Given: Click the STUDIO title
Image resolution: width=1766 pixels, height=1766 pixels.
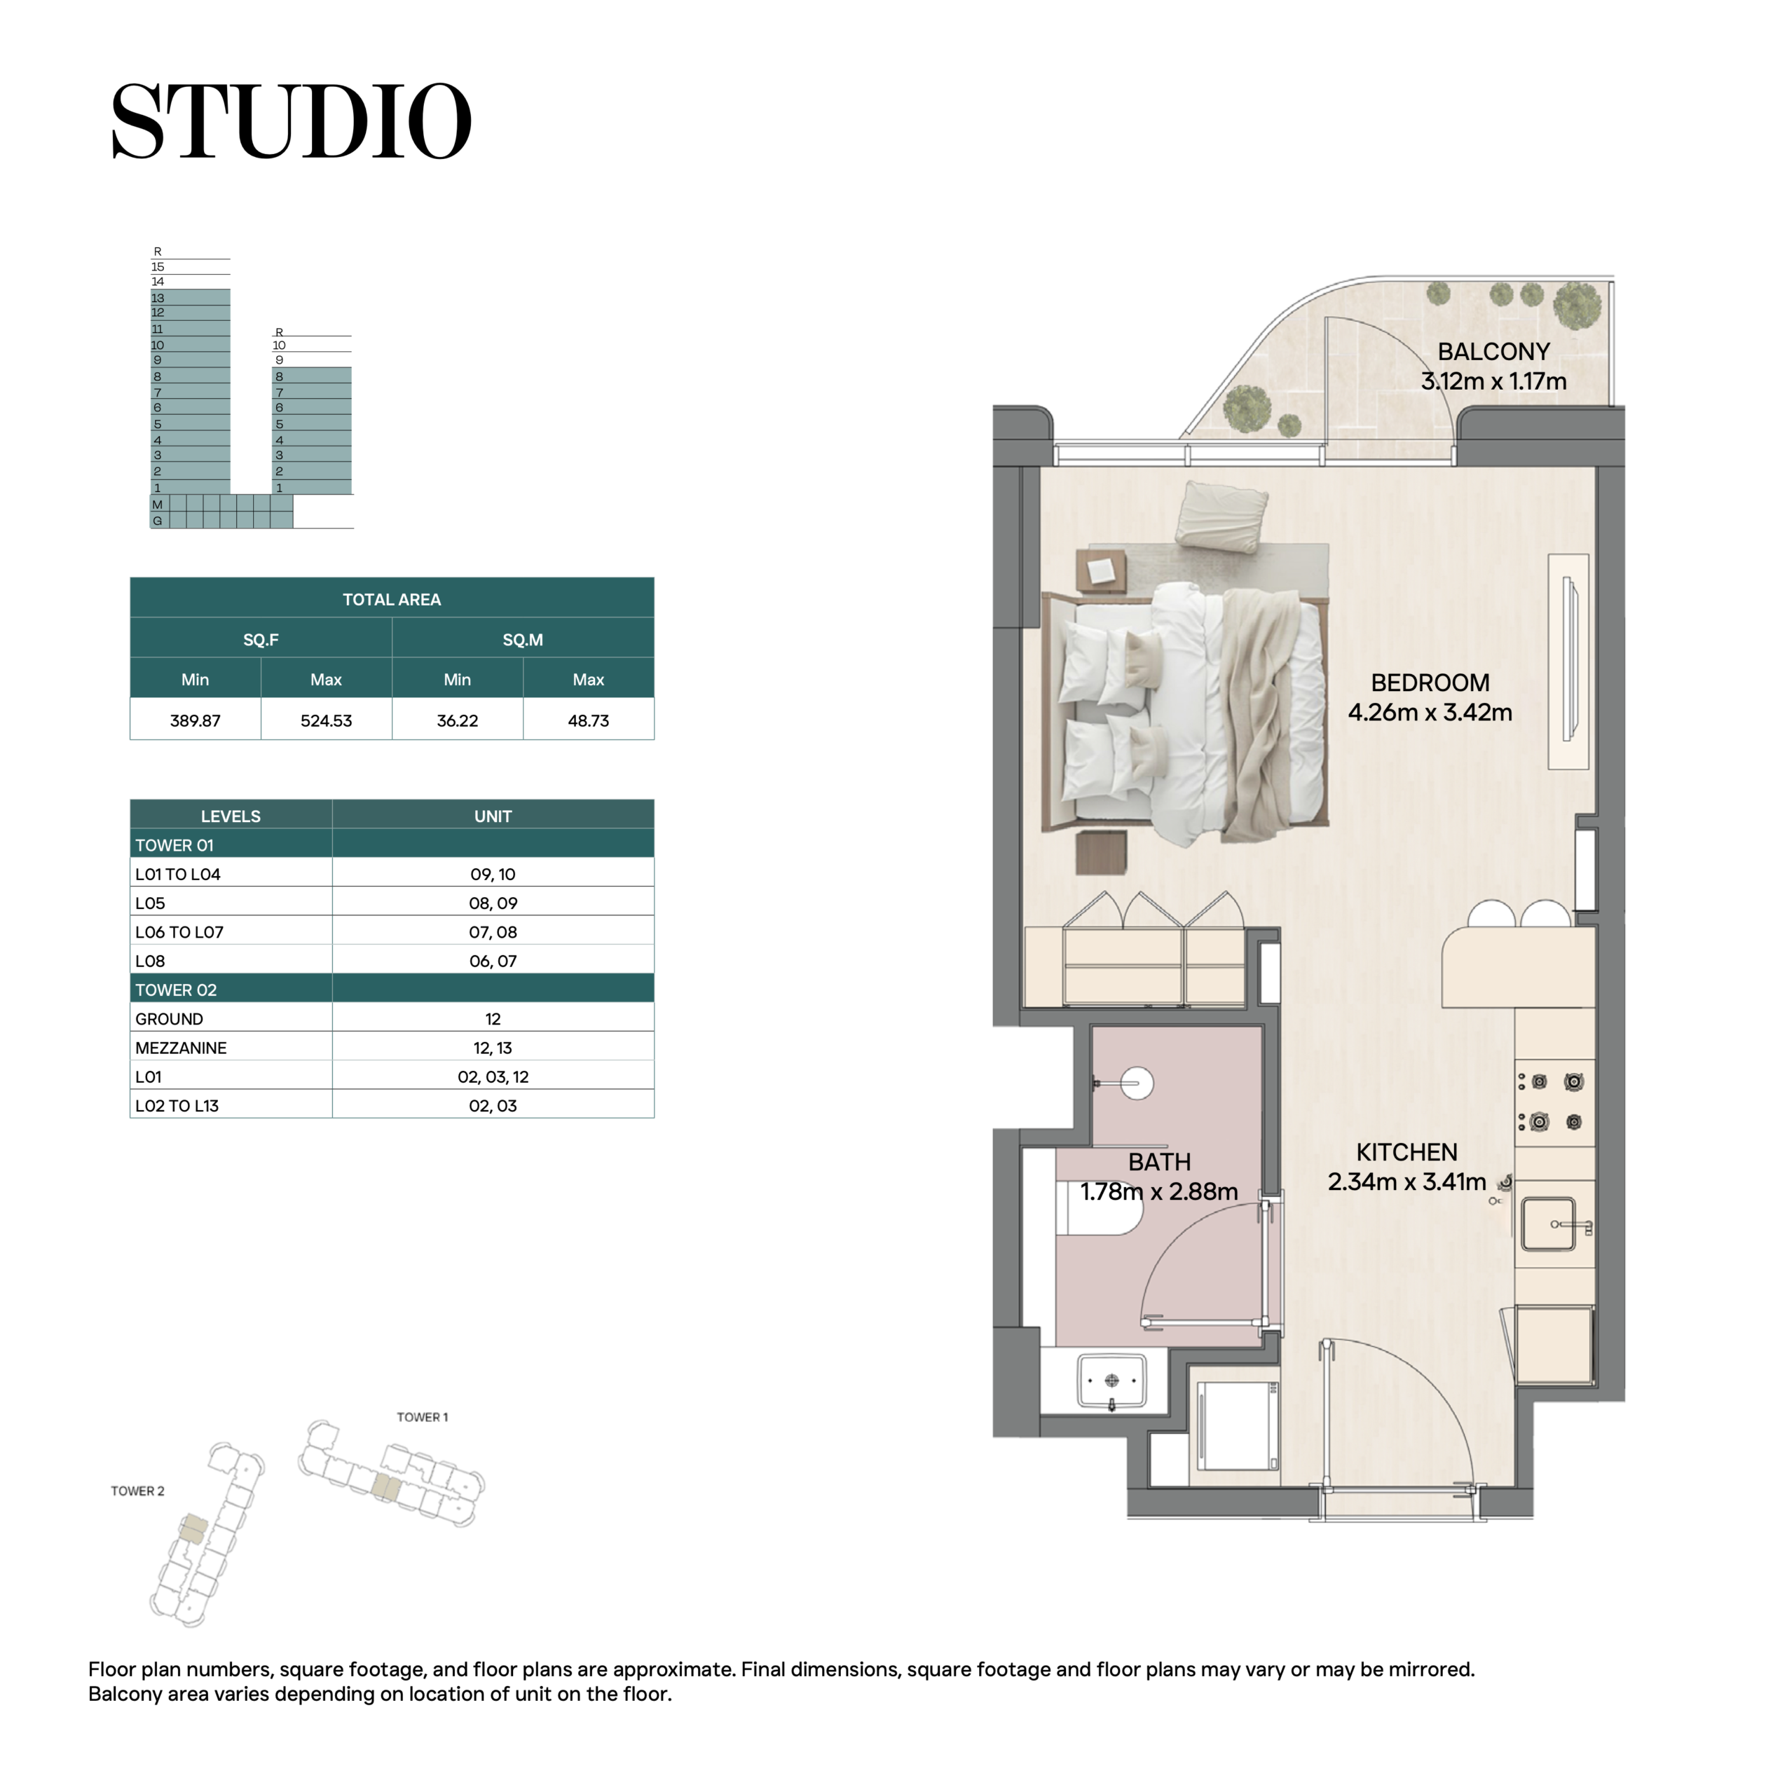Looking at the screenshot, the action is [291, 121].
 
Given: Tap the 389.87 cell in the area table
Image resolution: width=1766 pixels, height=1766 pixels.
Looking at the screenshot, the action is [195, 720].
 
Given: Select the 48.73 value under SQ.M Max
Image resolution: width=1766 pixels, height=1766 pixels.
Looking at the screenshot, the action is [588, 720].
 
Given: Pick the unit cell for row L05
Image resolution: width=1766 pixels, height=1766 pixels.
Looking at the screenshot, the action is [493, 903].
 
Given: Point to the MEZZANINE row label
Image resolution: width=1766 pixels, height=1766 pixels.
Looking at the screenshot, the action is [181, 1048].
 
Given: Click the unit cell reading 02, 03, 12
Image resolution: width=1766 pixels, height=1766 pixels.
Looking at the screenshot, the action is [493, 1077].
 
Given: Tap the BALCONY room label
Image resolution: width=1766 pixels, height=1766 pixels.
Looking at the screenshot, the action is [1493, 352].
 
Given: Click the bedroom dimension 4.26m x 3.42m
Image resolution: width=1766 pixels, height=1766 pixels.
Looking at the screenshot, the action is [1430, 712].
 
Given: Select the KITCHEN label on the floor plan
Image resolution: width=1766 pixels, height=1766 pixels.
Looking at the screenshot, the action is [1406, 1153].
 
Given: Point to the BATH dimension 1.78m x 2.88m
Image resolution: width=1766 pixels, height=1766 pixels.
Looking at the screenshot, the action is [1159, 1192].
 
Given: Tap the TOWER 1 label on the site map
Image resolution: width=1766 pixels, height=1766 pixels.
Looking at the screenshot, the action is [423, 1417].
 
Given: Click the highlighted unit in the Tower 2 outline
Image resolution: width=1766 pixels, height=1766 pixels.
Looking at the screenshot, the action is [193, 1528].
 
